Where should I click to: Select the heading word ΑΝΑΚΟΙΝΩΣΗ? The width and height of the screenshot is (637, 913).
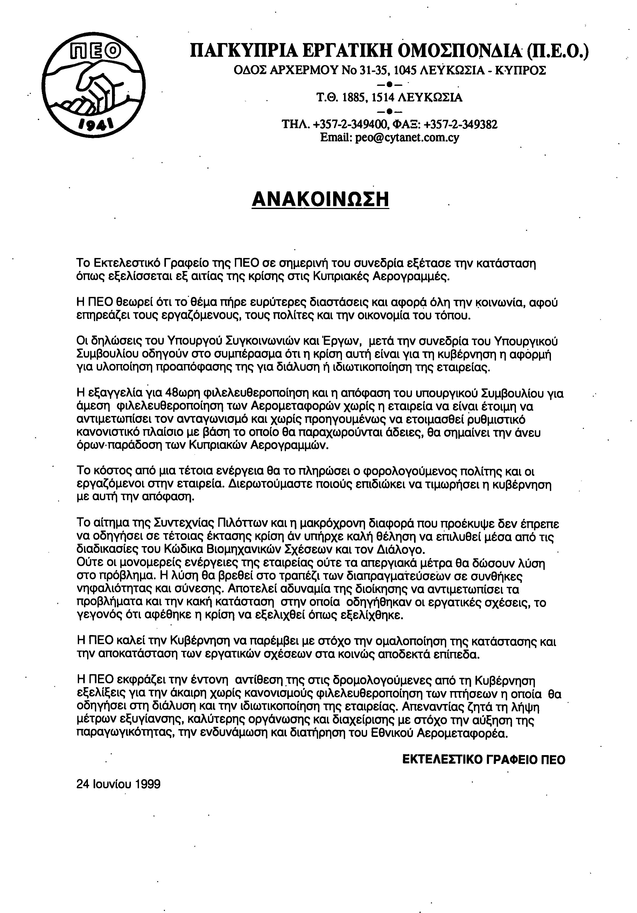(x=320, y=199)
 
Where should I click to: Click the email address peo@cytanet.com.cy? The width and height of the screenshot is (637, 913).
(x=390, y=138)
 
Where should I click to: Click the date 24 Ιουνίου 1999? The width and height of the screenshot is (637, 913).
(x=118, y=784)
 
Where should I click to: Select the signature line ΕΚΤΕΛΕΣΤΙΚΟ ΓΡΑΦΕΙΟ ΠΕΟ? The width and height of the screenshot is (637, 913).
(x=484, y=759)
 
